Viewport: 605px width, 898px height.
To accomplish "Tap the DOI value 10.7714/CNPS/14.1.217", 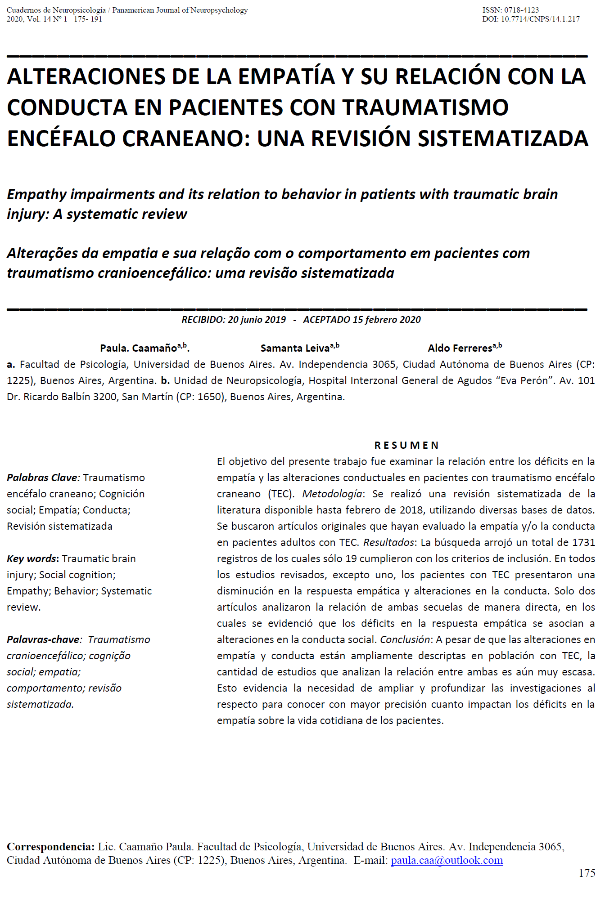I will (540, 19).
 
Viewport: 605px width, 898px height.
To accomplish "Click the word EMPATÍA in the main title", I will (286, 76).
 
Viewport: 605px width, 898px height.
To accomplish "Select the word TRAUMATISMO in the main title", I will (425, 107).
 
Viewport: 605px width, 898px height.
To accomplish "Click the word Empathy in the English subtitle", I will (37, 194).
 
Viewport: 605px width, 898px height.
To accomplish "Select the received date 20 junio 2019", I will (257, 320).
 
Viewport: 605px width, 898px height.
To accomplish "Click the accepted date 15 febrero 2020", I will (387, 320).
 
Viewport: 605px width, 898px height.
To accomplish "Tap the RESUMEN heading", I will (406, 445).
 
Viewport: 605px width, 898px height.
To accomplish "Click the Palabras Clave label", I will (43, 478).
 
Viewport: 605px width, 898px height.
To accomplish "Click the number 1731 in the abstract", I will (583, 542).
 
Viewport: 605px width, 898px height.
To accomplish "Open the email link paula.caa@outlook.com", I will (447, 860).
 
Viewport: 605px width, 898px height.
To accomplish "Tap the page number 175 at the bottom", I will (587, 873).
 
